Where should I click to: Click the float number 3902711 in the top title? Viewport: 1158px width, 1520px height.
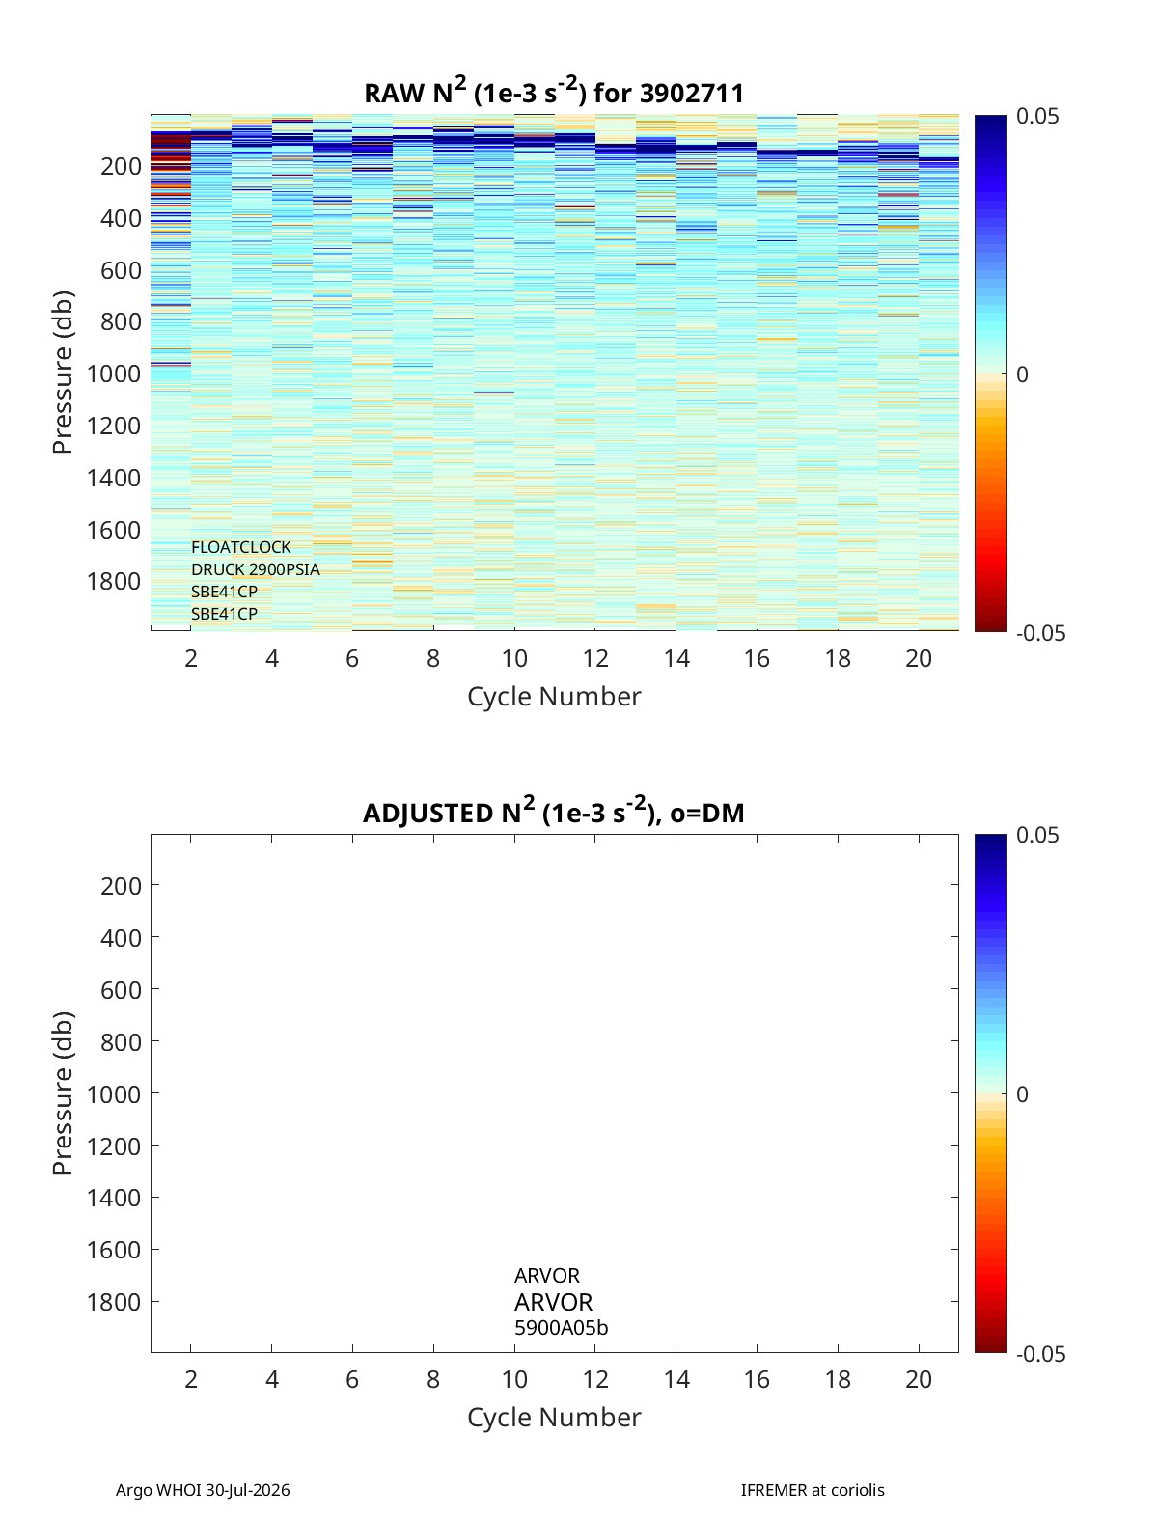pos(691,94)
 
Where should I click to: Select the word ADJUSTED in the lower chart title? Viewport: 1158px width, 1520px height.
pos(427,813)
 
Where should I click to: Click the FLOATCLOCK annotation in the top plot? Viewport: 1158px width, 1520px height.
pos(241,547)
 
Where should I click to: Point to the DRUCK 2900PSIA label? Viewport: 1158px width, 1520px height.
pos(256,569)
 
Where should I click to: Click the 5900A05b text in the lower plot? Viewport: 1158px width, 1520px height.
pos(562,1328)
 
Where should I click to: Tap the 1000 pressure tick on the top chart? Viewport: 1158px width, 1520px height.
pos(114,373)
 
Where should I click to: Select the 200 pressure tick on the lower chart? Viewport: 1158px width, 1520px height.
pos(121,886)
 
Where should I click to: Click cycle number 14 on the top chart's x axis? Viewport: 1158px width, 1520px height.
pos(676,658)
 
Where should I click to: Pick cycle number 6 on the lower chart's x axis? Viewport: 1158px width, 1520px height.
pos(352,1379)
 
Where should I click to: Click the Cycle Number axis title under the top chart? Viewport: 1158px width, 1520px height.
pos(554,696)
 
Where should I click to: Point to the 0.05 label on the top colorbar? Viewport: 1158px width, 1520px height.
pos(1036,117)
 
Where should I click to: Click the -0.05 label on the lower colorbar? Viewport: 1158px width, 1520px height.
pos(1040,1353)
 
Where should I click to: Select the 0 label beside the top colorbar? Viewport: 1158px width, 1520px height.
pos(1022,374)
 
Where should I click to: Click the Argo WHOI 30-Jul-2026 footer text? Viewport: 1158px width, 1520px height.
pos(203,1490)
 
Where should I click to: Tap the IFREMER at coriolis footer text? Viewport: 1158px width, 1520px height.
pos(813,1490)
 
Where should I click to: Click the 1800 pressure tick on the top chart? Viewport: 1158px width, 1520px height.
pos(114,581)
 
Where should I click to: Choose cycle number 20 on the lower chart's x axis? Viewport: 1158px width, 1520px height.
pos(919,1379)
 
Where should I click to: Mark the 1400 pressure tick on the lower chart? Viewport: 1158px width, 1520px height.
pos(114,1198)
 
